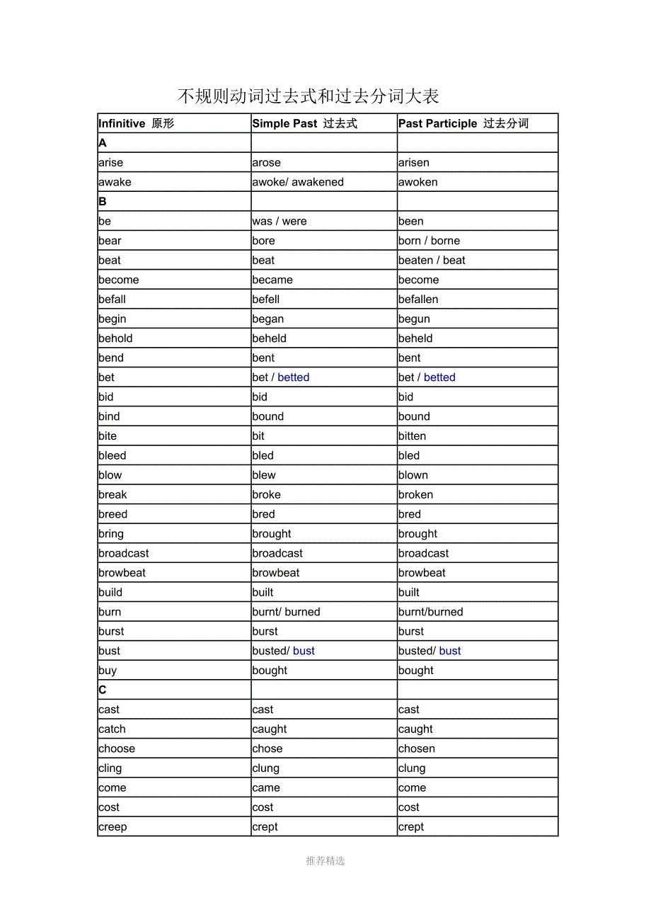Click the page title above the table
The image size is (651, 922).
coord(308,96)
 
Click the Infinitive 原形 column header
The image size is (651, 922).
coord(136,123)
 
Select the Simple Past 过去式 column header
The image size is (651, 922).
coord(304,123)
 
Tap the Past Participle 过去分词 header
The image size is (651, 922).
coord(463,123)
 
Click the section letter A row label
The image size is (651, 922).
coord(103,143)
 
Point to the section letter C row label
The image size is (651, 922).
coord(103,690)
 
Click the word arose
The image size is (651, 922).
coord(266,163)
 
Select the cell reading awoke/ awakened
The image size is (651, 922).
coord(298,182)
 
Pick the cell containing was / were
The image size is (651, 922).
coord(280,221)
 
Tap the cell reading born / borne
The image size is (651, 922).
coord(429,241)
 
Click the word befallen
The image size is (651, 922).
coord(418,300)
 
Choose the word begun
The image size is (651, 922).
coord(414,319)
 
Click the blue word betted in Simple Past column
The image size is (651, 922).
coord(294,377)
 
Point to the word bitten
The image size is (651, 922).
coord(412,436)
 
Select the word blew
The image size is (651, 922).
coord(264,475)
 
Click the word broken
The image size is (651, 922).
coord(415,494)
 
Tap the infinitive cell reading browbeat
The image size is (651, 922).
coord(122,573)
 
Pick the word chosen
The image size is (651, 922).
coord(417,749)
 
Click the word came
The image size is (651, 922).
coord(266,787)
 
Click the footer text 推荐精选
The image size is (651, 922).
coord(325,860)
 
